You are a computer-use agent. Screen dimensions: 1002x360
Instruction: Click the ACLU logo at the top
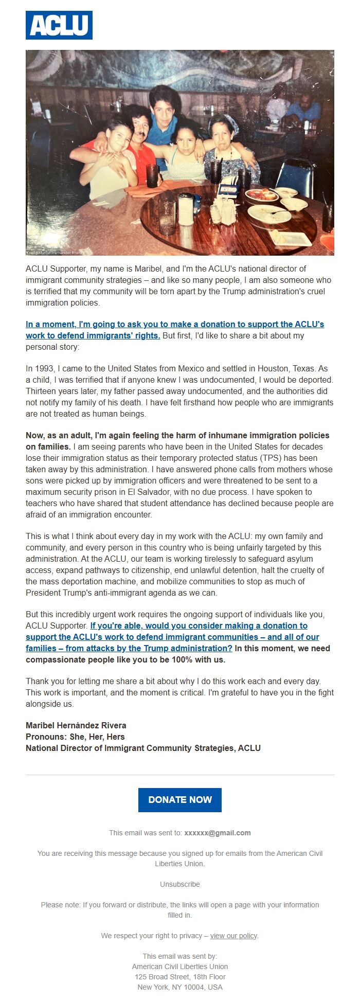tap(59, 25)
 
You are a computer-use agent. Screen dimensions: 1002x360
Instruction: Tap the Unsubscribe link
tap(179, 884)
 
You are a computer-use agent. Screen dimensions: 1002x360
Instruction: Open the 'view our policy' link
tap(233, 936)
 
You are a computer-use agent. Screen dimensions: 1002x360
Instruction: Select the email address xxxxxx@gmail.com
tap(218, 833)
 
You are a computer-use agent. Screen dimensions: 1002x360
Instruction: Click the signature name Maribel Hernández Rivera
tap(76, 726)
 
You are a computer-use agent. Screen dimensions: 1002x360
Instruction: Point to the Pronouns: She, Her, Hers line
tap(75, 737)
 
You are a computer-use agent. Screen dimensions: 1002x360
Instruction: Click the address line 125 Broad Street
tap(180, 977)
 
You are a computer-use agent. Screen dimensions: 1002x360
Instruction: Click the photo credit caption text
tap(54, 253)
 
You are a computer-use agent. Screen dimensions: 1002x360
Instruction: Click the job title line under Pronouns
tap(143, 748)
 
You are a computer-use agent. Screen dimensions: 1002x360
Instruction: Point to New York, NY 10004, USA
tap(180, 987)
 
